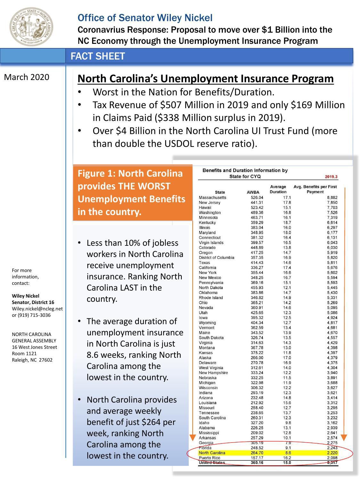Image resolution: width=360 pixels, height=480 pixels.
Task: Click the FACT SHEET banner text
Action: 98,56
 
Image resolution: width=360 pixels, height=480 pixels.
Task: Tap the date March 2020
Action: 27,77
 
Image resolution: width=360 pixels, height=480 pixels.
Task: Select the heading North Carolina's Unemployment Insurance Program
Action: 205,78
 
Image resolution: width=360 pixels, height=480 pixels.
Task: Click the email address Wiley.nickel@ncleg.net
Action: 37,309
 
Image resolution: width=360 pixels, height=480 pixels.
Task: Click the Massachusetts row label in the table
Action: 212,198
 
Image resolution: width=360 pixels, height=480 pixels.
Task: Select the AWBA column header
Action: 253,192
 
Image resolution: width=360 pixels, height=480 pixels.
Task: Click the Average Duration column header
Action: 278,189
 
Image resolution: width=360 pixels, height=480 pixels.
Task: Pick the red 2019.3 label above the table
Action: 331,177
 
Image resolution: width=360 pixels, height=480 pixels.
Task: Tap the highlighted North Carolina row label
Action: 212,453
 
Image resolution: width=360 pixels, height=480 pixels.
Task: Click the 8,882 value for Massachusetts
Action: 332,198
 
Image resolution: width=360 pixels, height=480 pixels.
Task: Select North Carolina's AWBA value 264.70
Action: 257,453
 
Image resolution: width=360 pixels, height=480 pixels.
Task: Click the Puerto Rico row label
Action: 209,458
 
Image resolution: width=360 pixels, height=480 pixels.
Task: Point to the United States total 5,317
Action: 332,463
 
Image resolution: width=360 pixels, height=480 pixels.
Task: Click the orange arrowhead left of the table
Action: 193,437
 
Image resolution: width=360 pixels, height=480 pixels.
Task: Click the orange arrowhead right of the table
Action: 344,437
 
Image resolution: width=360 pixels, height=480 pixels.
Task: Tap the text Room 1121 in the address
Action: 24,354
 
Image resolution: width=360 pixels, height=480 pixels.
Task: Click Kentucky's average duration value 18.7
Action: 287,223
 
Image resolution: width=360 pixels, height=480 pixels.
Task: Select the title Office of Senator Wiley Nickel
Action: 145,18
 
